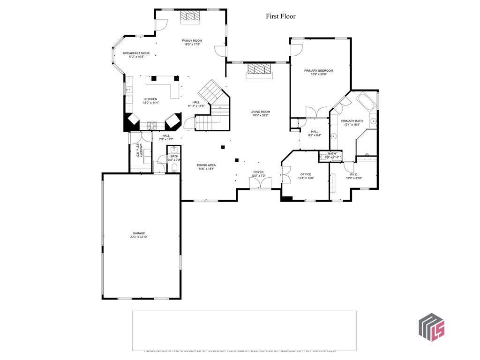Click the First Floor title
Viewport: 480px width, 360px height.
(281, 16)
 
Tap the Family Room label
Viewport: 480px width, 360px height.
(192, 41)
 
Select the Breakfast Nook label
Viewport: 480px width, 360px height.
(136, 53)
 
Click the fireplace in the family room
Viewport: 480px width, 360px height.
(190, 16)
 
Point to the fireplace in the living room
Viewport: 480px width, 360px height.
(259, 70)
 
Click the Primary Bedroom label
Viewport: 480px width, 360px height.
(318, 71)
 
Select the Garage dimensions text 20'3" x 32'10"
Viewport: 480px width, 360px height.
(139, 237)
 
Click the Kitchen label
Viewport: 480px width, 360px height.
(150, 99)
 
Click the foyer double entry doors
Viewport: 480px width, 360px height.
(260, 183)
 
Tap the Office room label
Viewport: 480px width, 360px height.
(306, 174)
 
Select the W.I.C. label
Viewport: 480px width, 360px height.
(353, 174)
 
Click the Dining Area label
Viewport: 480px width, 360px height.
(206, 165)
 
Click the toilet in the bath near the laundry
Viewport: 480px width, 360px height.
(174, 167)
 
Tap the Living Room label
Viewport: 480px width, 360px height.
(260, 112)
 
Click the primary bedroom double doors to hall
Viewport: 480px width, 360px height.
(316, 112)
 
